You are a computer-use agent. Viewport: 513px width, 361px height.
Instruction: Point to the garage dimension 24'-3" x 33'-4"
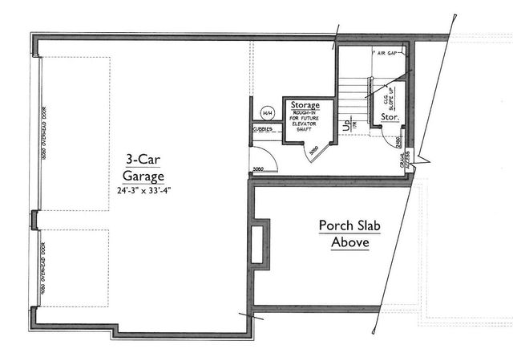[144, 191]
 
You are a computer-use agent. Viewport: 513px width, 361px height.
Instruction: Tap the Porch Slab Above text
[349, 233]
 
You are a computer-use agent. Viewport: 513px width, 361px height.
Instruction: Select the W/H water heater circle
[267, 112]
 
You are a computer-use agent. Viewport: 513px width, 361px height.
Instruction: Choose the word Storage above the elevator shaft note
[305, 105]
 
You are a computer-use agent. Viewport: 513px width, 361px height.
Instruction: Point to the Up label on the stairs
[344, 125]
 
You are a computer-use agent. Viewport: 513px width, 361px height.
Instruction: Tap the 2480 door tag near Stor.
[398, 142]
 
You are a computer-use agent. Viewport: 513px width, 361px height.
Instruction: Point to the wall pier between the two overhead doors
[34, 217]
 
